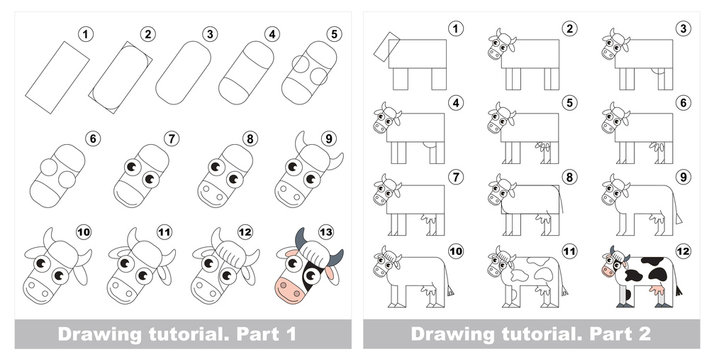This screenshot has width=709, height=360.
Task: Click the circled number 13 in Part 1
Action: coord(325,235)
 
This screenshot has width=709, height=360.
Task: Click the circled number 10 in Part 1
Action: coord(83,235)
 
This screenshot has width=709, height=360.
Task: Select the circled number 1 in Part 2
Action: coord(458,28)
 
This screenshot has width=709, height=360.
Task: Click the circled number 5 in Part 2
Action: coord(569,102)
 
